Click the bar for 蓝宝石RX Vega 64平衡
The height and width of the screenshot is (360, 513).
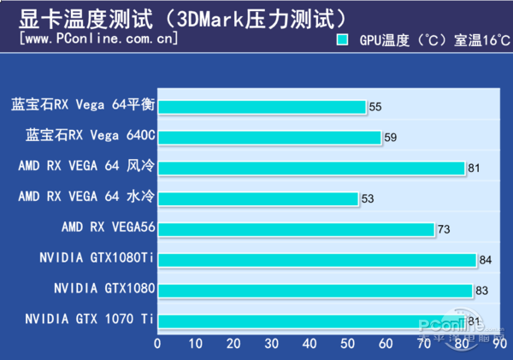tap(261, 107)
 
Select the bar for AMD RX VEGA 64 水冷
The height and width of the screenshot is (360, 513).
tap(257, 198)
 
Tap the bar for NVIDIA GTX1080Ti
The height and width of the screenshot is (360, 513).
tap(316, 260)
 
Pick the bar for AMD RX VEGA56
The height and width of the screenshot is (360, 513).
tap(296, 229)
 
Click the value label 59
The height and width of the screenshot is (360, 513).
tap(391, 137)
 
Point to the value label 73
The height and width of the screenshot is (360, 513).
tap(443, 229)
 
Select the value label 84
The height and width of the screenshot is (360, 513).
tap(485, 260)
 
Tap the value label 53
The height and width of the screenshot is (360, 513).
tap(368, 198)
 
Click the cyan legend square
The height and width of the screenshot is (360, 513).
tap(343, 39)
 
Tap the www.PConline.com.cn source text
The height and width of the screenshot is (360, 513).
tap(98, 39)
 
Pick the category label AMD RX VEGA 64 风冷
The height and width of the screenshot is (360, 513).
tap(85, 168)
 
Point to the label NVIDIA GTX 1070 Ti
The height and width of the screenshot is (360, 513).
tap(89, 320)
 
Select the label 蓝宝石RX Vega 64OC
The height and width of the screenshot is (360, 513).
tap(90, 137)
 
